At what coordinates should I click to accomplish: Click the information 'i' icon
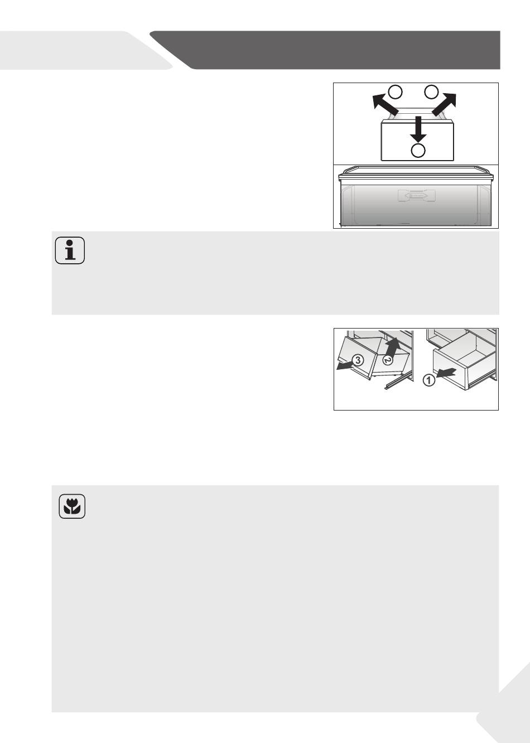(x=70, y=250)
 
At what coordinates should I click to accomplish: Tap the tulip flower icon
(x=72, y=506)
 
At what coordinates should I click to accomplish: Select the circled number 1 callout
(x=429, y=380)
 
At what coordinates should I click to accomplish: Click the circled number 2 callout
(x=387, y=360)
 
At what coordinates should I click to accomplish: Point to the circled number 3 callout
(x=358, y=360)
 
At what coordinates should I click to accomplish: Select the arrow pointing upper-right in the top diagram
(x=444, y=104)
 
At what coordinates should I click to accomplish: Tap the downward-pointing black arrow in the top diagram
(x=418, y=129)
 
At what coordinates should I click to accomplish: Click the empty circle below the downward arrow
(x=418, y=150)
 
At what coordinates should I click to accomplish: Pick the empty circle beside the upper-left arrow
(x=396, y=92)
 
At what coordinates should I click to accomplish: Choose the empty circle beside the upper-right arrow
(x=431, y=92)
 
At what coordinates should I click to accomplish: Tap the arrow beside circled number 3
(x=345, y=366)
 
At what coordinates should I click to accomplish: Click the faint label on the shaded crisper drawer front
(x=417, y=196)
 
